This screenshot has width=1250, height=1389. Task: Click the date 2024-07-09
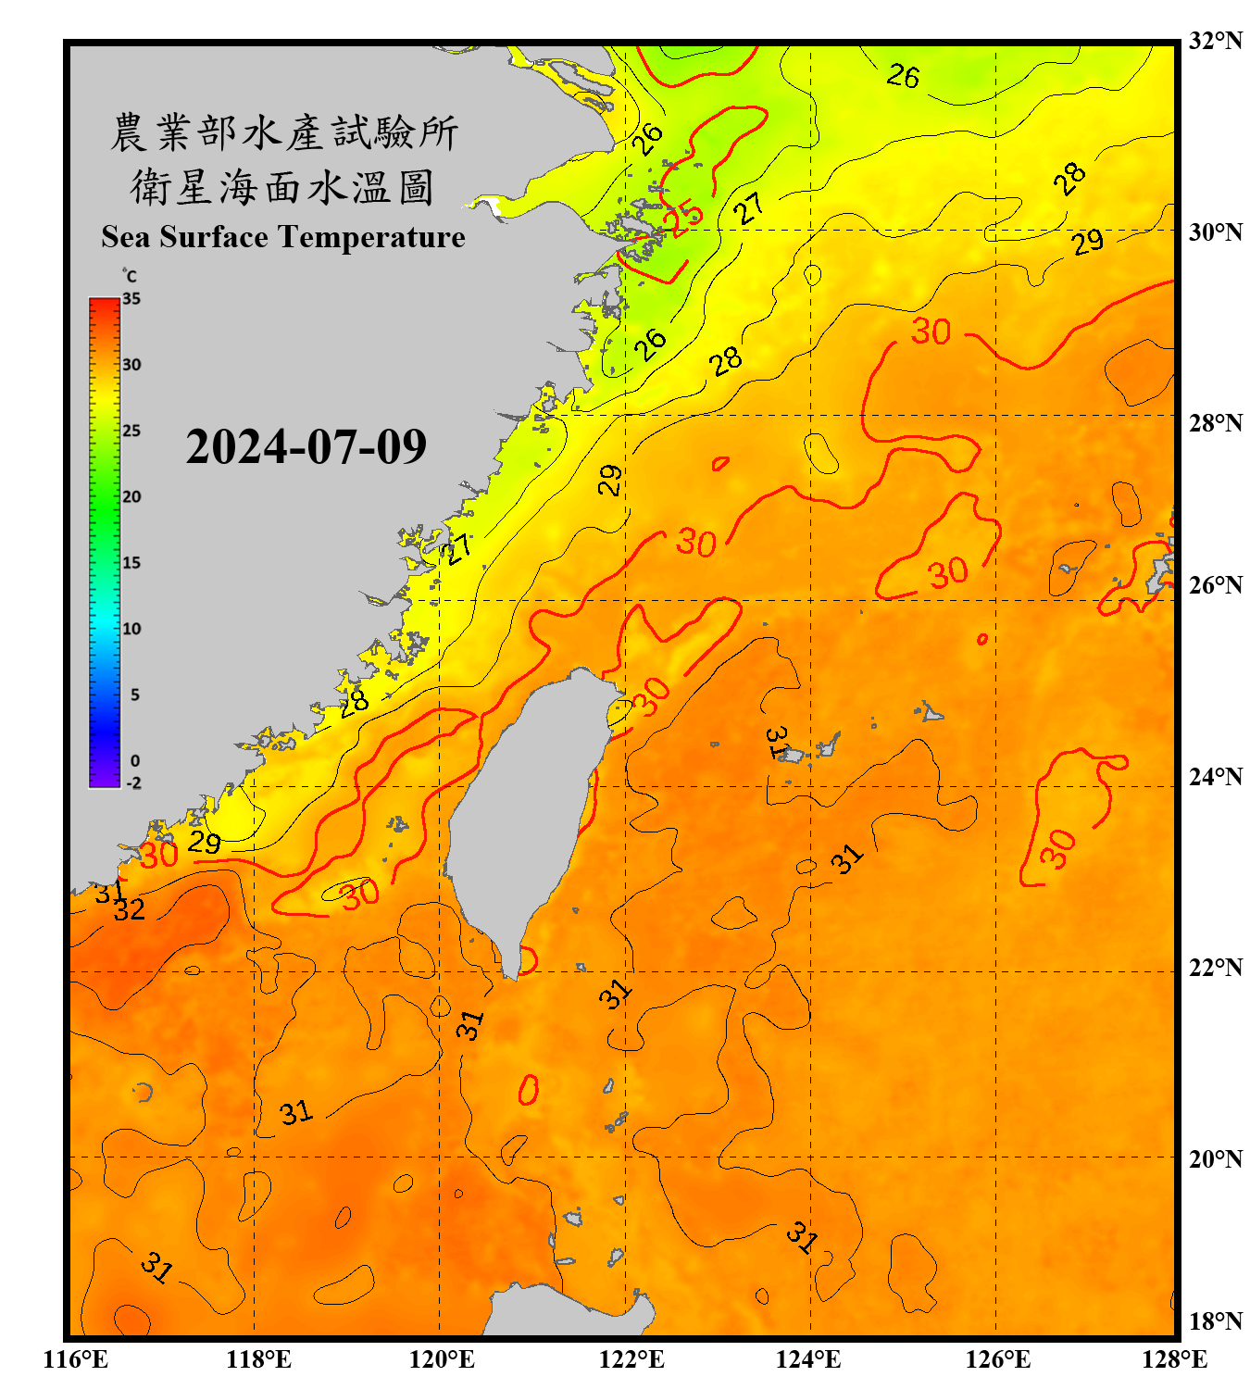pyautogui.click(x=306, y=446)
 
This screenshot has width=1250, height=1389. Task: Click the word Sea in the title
pyautogui.click(x=127, y=237)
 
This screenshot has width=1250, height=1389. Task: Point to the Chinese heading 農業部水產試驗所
pyautogui.click(x=283, y=132)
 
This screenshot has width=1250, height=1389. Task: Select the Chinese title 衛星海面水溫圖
pyautogui.click(x=283, y=187)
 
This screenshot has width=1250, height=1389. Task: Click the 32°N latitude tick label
pyautogui.click(x=1215, y=41)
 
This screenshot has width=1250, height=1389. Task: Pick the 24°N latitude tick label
pyautogui.click(x=1215, y=776)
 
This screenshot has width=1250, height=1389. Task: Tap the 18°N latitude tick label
pyautogui.click(x=1215, y=1320)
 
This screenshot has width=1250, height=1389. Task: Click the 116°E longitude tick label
pyautogui.click(x=76, y=1359)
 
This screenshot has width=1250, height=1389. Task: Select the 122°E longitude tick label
pyautogui.click(x=631, y=1359)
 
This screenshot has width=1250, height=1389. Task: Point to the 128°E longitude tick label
pyautogui.click(x=1174, y=1359)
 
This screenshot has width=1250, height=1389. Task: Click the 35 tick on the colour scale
pyautogui.click(x=131, y=299)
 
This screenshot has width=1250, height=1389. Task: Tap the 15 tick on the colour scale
pyautogui.click(x=131, y=563)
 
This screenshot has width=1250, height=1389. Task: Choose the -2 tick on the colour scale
pyautogui.click(x=133, y=783)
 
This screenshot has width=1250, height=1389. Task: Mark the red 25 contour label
pyautogui.click(x=686, y=218)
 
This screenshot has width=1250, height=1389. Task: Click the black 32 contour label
pyautogui.click(x=130, y=910)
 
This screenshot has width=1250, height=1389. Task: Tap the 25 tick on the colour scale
pyautogui.click(x=131, y=431)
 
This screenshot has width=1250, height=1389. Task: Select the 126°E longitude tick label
pyautogui.click(x=997, y=1359)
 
